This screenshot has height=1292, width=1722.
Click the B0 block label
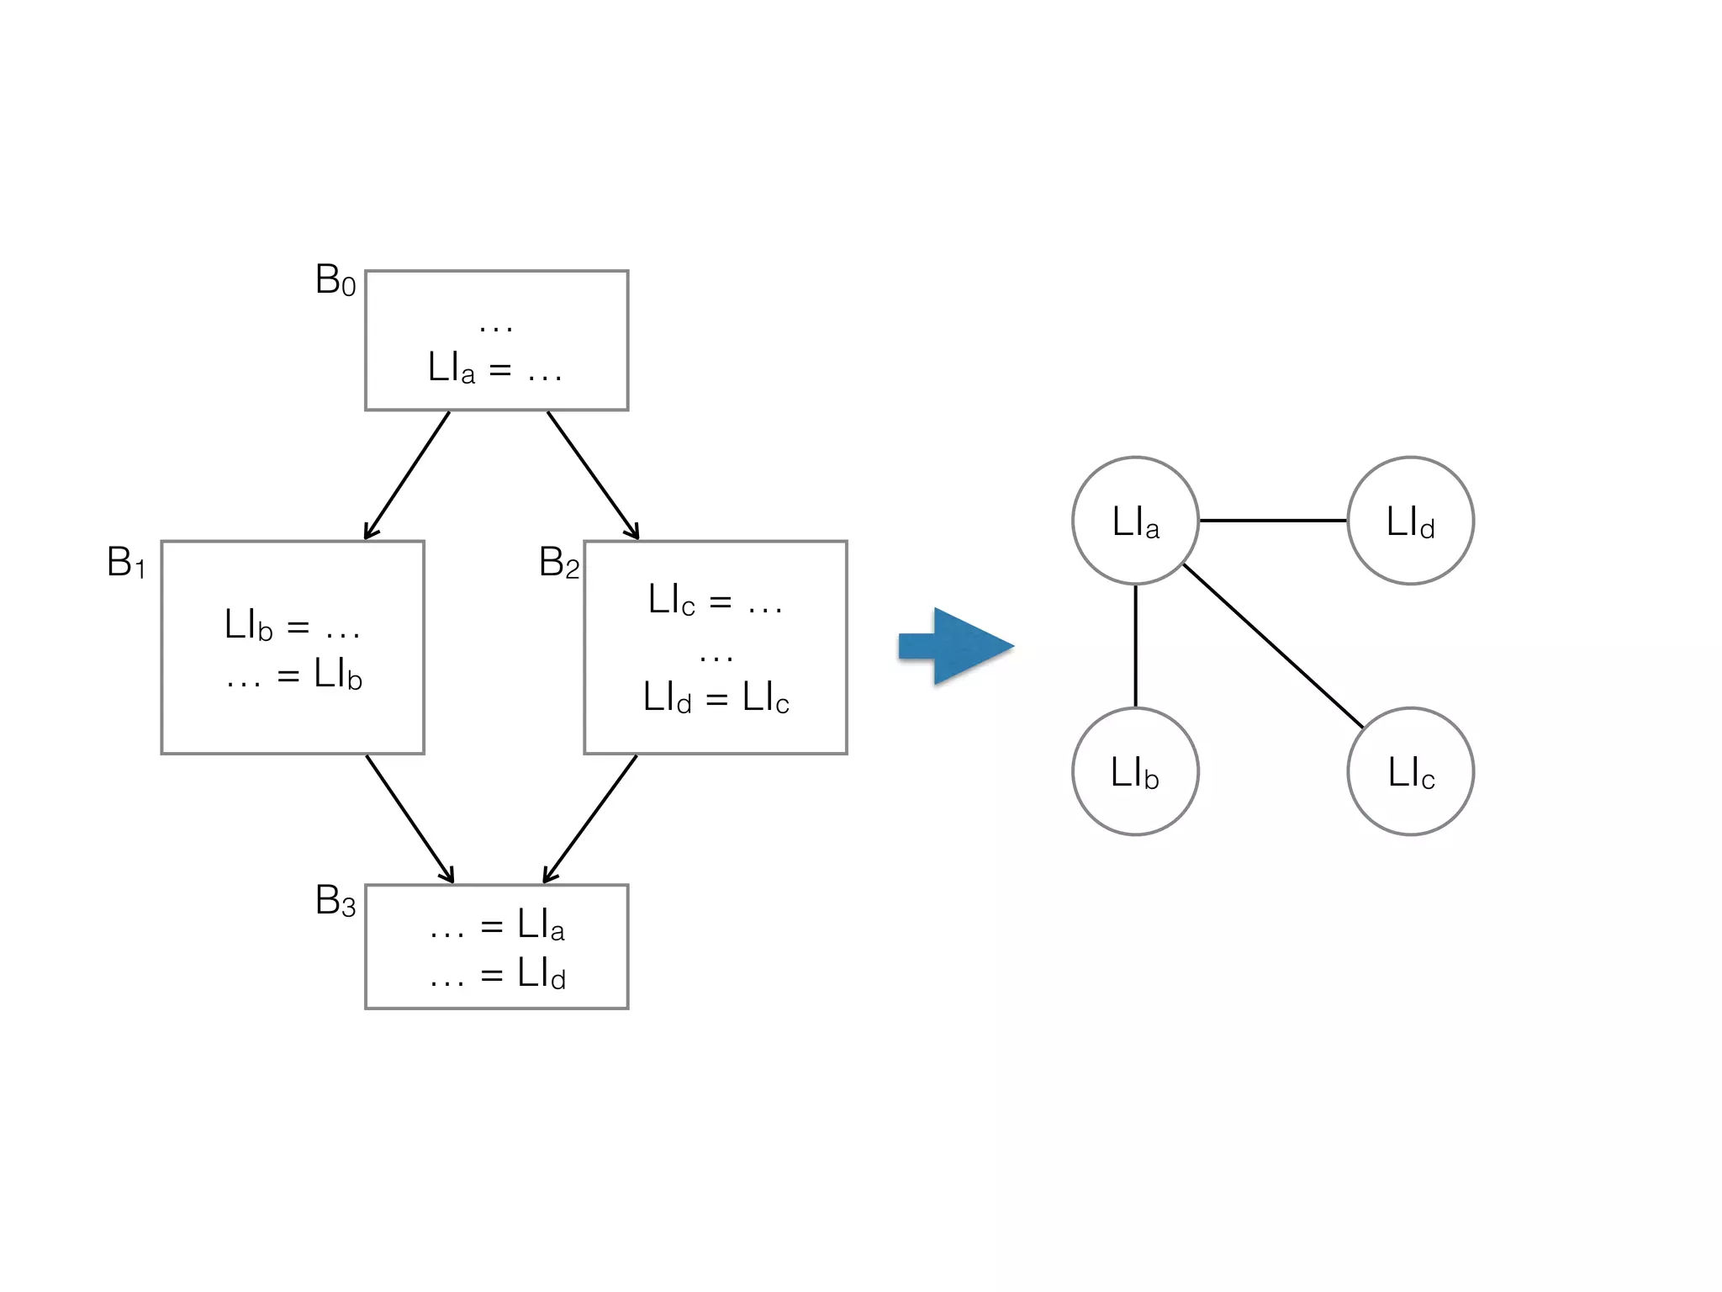(x=335, y=280)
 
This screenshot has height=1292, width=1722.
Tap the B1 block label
(x=126, y=563)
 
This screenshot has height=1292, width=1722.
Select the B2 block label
(x=559, y=563)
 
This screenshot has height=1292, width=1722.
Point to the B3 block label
(x=335, y=902)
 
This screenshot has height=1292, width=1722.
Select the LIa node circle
(x=1135, y=521)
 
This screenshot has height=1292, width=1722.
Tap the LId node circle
(x=1410, y=521)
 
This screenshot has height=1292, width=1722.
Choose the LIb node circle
(x=1135, y=771)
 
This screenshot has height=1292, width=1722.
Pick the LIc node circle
(x=1410, y=771)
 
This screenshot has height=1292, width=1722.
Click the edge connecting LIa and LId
(x=1273, y=521)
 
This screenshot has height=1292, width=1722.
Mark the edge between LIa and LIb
(x=1135, y=646)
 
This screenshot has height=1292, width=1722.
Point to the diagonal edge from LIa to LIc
(x=1273, y=646)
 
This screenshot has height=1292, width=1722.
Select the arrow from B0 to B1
(x=407, y=475)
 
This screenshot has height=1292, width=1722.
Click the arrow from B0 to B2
(x=593, y=475)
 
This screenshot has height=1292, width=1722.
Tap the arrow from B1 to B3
(x=409, y=818)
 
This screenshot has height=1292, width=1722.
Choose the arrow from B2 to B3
(x=590, y=818)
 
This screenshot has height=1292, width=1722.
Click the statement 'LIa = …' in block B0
(x=495, y=369)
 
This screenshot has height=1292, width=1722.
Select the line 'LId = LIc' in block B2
(x=716, y=697)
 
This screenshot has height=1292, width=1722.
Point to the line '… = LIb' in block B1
(x=293, y=675)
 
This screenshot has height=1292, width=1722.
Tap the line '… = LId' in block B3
(x=497, y=974)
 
